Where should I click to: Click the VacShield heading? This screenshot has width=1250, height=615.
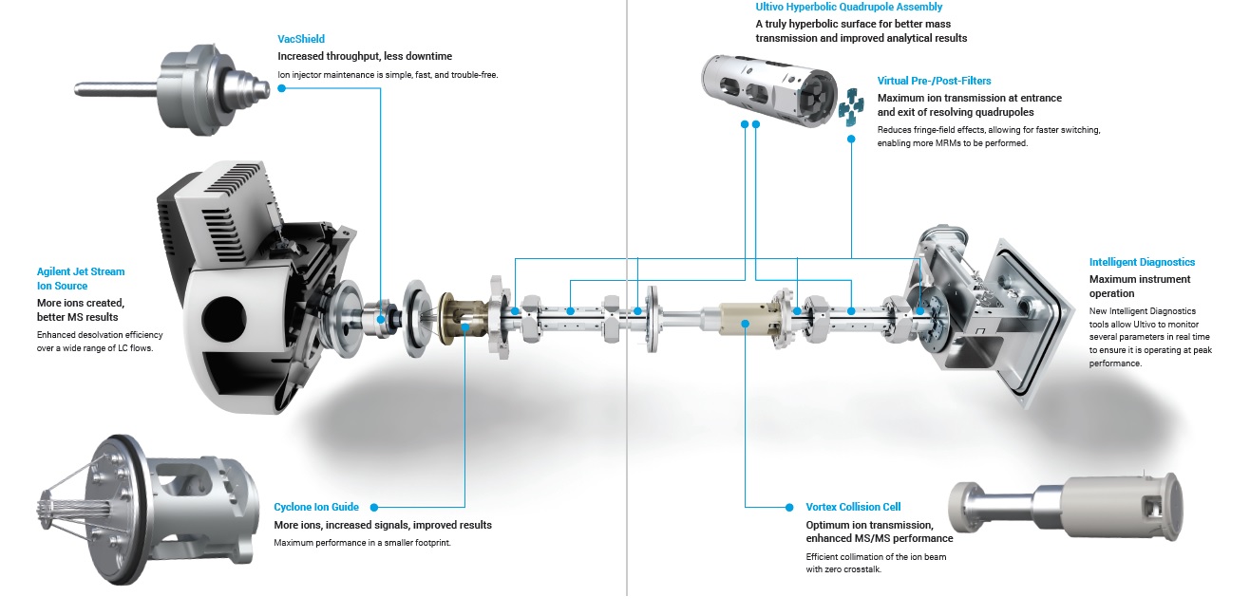point(301,39)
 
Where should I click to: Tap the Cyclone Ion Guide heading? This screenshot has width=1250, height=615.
point(316,507)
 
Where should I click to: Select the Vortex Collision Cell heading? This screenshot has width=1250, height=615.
point(853,507)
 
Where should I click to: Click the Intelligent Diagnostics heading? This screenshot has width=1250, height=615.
point(1142,262)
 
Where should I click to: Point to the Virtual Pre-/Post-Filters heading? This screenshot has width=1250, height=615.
point(934,81)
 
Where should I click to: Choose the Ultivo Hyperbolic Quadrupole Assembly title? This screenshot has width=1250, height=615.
point(849,7)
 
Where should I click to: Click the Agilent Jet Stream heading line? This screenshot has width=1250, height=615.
point(81,271)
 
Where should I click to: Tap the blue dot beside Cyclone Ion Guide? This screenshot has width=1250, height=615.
point(374,508)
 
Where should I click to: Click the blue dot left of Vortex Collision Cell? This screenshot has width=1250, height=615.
point(789,508)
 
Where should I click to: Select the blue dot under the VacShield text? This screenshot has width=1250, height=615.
point(282,88)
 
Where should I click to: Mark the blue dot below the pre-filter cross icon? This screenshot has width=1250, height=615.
point(851,139)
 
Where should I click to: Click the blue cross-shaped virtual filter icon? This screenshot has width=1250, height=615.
point(851,106)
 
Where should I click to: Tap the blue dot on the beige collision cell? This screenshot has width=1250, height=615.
point(745,324)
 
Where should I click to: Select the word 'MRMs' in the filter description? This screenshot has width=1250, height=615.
point(948,143)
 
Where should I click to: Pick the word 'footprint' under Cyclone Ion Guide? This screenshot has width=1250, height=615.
point(428,543)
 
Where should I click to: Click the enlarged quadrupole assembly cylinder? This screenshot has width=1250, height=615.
point(769,90)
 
